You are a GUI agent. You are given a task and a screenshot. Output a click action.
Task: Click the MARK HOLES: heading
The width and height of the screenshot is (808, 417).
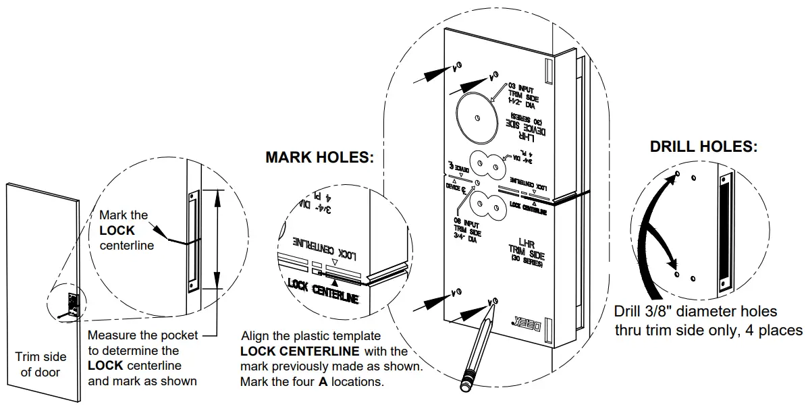pos(319,158)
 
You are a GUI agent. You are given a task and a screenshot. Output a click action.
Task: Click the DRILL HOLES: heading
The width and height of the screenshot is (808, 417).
pos(703,146)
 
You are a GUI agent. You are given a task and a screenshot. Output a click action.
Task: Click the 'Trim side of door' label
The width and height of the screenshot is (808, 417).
pos(41,364)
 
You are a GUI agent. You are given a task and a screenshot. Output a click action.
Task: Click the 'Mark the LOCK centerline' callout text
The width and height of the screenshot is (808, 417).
pos(126,230)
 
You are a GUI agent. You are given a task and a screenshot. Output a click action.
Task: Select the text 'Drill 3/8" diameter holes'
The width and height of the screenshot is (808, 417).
pos(695,312)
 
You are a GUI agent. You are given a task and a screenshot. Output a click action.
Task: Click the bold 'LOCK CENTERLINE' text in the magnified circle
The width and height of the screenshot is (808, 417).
pos(323,291)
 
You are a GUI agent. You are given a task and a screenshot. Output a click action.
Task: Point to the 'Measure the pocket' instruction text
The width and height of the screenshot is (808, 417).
pos(143,335)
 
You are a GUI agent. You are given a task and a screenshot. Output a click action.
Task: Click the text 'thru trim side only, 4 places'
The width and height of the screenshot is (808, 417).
pos(708,330)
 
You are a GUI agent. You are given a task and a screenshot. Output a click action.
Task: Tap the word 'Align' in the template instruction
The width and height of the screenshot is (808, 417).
pos(256,335)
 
